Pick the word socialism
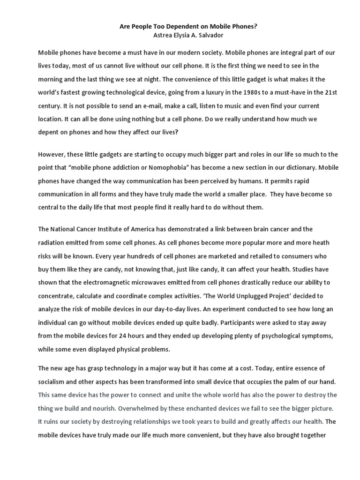click(x=54, y=382)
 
